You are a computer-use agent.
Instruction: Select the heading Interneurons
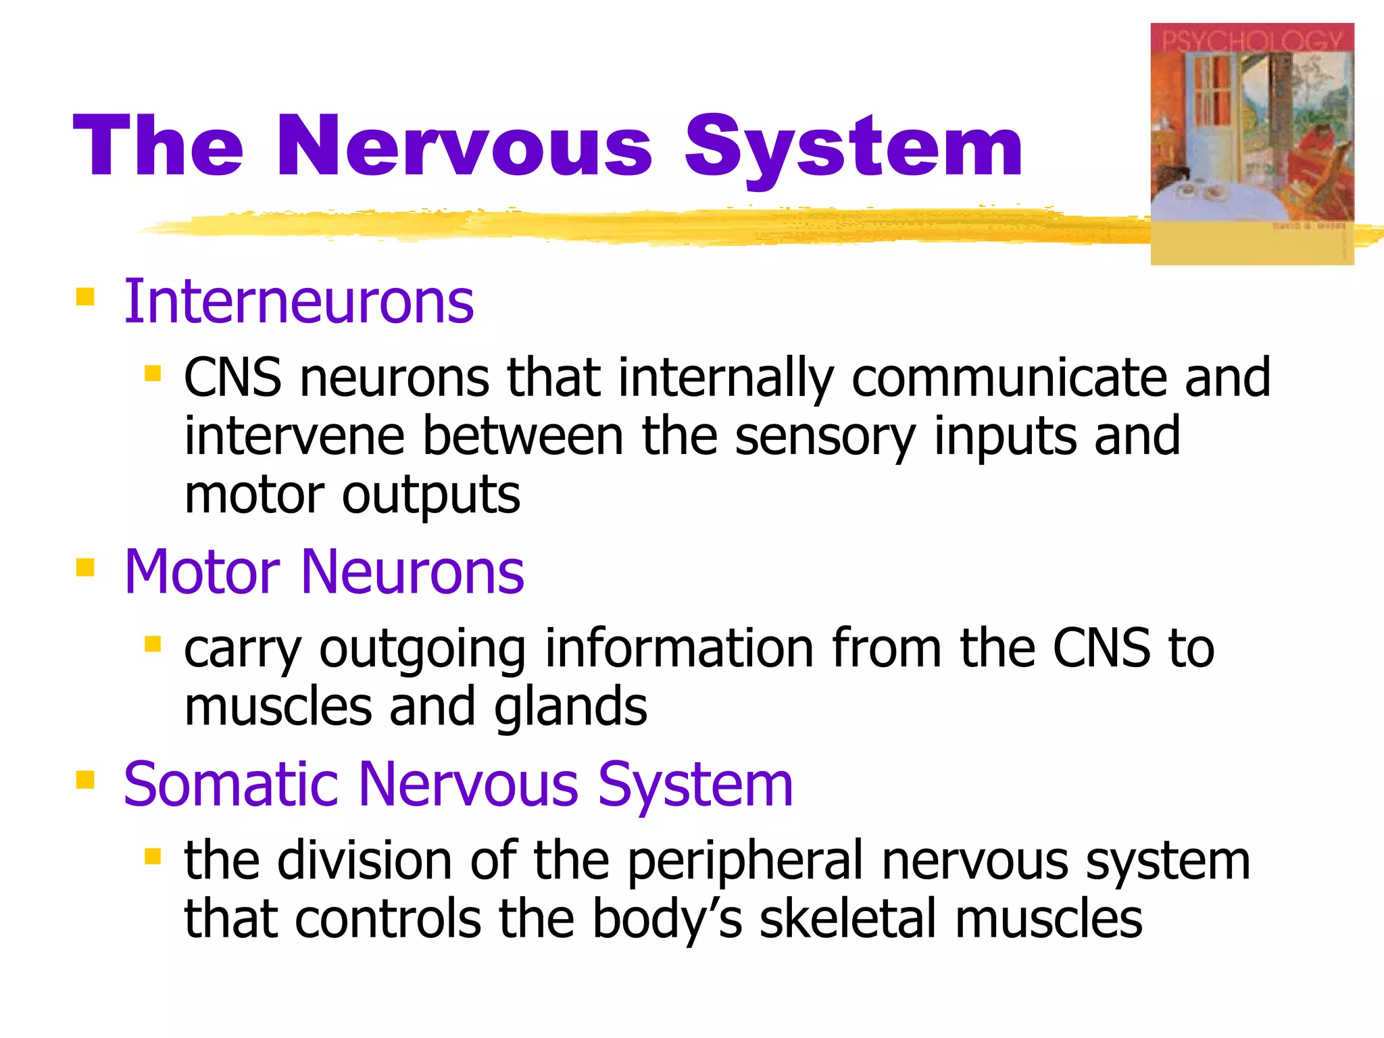coord(299,302)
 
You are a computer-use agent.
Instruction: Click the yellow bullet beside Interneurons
coord(85,297)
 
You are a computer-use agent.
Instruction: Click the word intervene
coord(295,437)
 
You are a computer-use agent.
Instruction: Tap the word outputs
coord(431,495)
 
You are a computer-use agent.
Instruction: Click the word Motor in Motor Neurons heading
coord(202,572)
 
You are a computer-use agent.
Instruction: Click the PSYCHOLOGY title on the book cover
coord(1252,40)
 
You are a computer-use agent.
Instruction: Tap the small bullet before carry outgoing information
coord(153,644)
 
